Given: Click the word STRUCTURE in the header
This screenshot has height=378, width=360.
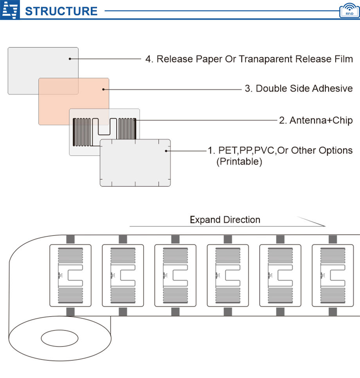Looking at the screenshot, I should pos(61,11).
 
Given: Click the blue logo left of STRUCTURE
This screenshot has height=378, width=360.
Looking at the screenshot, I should pos(11,10).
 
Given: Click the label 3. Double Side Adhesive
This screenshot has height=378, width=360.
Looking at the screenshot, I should pos(299,89).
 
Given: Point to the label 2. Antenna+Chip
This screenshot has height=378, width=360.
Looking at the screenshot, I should pos(315,120).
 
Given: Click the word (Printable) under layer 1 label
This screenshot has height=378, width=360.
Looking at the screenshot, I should pos(239,161).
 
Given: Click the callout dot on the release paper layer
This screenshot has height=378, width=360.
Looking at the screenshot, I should pos(70,59).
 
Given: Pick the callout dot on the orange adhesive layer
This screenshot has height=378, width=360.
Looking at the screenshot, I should pos(103,89).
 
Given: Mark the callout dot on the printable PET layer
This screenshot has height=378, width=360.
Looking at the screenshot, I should pos(166,150).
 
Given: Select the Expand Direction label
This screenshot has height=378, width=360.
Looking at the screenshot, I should pos(225,220).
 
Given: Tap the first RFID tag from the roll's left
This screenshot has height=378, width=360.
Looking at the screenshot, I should pos(70,275).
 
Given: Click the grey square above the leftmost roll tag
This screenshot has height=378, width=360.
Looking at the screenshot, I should pos(70,239).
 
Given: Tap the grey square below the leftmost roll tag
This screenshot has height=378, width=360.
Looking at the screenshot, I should pos(70,312).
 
